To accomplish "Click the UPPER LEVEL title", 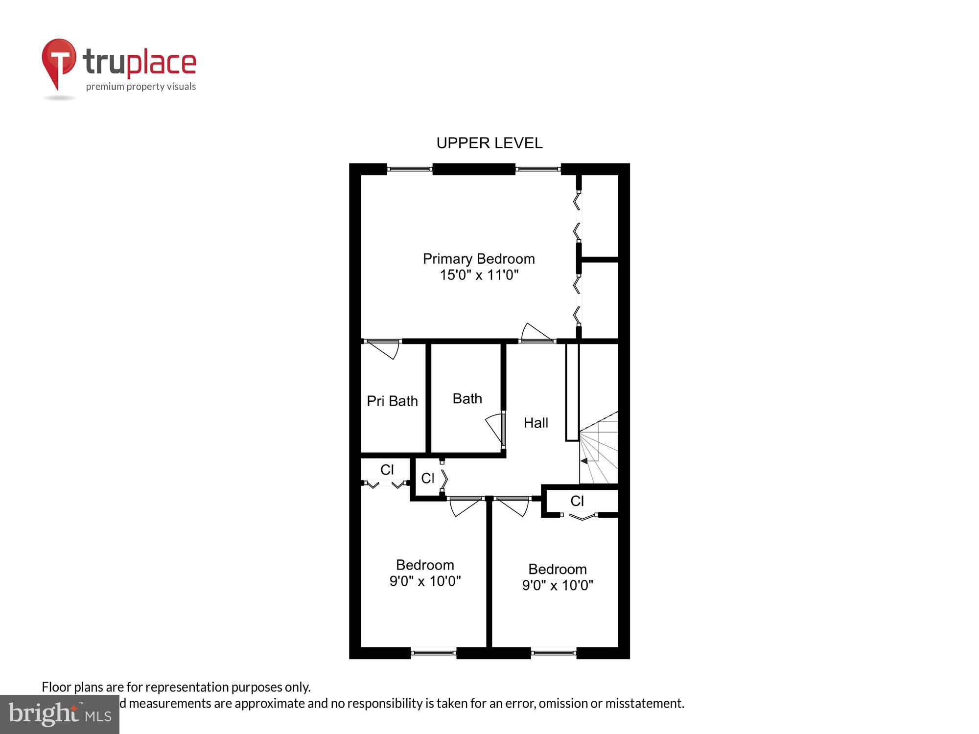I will (x=489, y=143).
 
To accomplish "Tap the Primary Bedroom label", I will (x=479, y=258).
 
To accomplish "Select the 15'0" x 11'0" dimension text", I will (x=479, y=275).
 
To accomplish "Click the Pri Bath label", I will (x=392, y=401).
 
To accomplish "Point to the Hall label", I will (x=536, y=423).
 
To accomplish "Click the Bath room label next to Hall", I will (x=467, y=399).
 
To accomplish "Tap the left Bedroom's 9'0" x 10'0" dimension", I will (x=425, y=581).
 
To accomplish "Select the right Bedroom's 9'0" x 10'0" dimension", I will (x=558, y=585).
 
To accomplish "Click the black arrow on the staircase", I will (x=583, y=461).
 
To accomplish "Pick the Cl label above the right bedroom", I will (x=577, y=501).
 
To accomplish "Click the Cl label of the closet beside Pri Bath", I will (x=387, y=470).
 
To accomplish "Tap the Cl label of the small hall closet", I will (x=427, y=479).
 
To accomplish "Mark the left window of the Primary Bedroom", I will (x=409, y=169).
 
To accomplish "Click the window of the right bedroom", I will (x=553, y=653).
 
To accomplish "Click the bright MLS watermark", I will (x=60, y=714).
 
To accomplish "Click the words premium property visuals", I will (x=141, y=87).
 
